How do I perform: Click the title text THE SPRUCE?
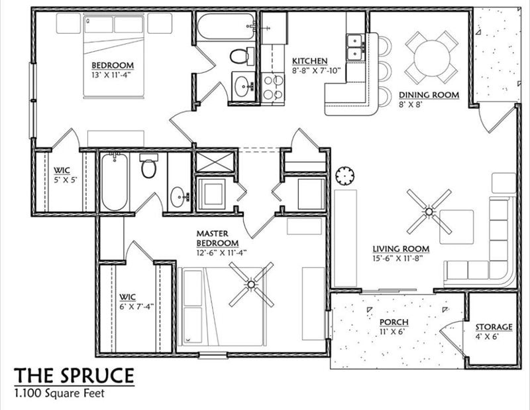[74, 376]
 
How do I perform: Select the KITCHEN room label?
[310, 61]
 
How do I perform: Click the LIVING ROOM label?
[401, 249]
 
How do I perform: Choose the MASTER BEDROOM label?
[217, 239]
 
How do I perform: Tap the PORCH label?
[394, 322]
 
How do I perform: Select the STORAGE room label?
[494, 327]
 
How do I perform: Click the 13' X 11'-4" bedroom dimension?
[113, 75]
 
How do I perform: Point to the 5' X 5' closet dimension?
[66, 179]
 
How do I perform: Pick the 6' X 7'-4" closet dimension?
[137, 306]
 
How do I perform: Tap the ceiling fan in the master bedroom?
[250, 285]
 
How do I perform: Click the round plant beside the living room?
[345, 176]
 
